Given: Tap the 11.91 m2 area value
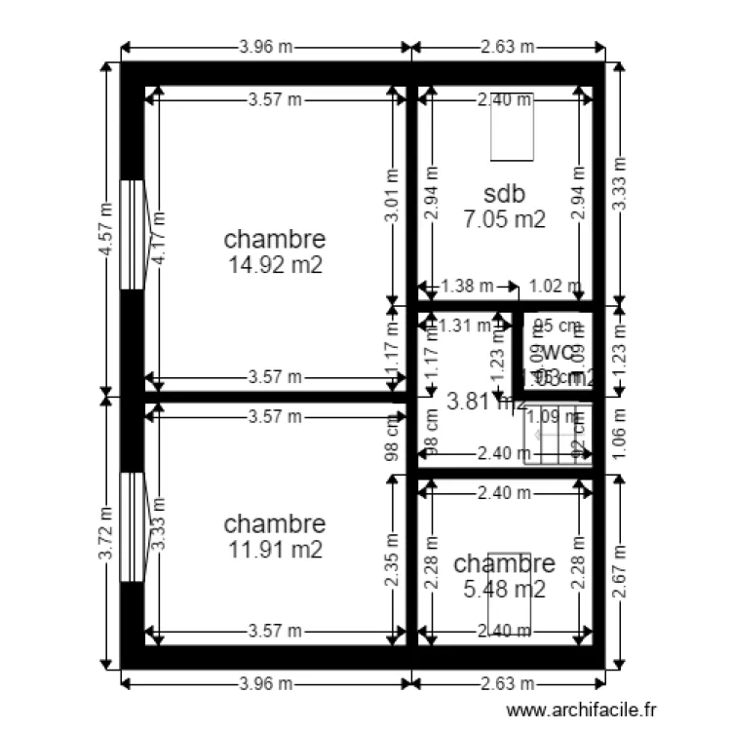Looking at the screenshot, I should click(x=275, y=550).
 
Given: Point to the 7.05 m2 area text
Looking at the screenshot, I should click(x=504, y=219).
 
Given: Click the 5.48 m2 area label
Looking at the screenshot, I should click(x=504, y=589).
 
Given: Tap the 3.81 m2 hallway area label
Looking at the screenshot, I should click(x=484, y=400).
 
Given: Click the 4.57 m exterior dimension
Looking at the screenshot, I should click(x=105, y=230).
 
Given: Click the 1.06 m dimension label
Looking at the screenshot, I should click(x=619, y=437).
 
